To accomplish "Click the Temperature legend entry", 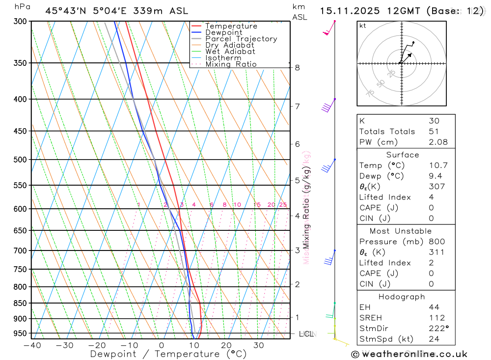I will pyautogui.click(x=231, y=26).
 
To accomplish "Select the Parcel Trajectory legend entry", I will pyautogui.click(x=241, y=39).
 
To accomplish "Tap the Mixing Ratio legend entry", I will pyautogui.click(x=231, y=64).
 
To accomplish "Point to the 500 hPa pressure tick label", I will pyautogui.click(x=20, y=160).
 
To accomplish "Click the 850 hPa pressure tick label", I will pyautogui.click(x=20, y=303).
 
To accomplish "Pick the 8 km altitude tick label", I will pyautogui.click(x=297, y=67).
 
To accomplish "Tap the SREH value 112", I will pyautogui.click(x=436, y=318).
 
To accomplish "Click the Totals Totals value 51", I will pyautogui.click(x=434, y=131).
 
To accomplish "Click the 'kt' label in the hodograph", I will pyautogui.click(x=363, y=26).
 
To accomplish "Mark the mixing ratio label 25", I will pyautogui.click(x=283, y=205).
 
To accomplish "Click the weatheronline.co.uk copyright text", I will pyautogui.click(x=409, y=354).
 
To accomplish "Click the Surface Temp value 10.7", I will pyautogui.click(x=438, y=166).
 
